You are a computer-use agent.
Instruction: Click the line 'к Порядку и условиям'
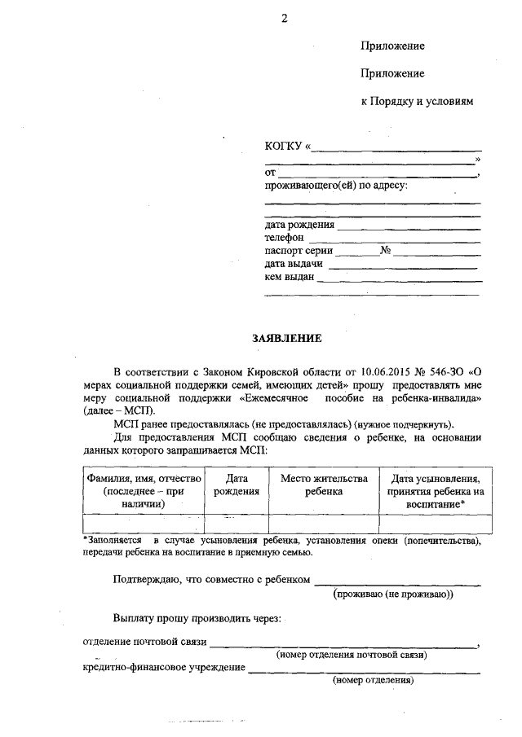417,102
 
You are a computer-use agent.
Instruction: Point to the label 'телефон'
284,237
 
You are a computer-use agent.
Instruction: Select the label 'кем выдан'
290,277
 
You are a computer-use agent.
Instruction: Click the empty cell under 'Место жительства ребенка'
324,523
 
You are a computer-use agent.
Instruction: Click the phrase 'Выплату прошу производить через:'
197,619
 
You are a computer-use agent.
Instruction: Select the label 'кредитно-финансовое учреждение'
164,668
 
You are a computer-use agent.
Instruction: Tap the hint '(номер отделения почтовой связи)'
352,655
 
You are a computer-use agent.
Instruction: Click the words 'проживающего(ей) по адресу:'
336,185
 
